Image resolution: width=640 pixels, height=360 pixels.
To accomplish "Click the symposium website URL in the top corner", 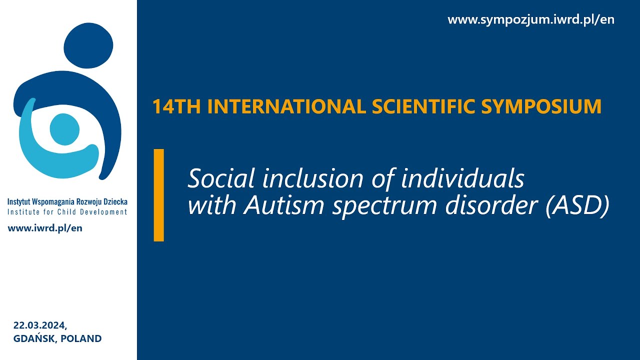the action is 531,19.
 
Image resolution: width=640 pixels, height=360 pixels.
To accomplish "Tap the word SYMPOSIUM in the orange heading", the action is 541,106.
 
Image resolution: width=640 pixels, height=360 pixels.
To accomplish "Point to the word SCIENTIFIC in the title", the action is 423,106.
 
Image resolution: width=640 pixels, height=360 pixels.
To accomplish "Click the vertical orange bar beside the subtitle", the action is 159,195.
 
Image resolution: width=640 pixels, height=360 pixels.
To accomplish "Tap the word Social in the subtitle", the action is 221,178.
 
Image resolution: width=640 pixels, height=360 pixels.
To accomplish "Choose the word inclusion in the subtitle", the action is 313,178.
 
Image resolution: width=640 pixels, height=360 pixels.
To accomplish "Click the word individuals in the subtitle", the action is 462,178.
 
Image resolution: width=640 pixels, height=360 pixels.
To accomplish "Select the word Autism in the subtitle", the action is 283,205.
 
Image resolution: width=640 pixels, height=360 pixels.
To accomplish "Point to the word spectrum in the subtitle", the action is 384,207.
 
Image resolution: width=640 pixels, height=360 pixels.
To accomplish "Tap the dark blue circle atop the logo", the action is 88,45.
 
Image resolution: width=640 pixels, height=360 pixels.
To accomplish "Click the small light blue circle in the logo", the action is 64,129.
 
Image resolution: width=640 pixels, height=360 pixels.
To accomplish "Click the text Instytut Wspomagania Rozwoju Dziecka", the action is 67,201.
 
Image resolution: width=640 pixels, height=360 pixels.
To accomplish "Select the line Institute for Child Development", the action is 67,212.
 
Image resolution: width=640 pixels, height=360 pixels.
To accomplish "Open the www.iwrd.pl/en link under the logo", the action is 45,228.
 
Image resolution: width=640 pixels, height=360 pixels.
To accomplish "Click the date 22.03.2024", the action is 40,325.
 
